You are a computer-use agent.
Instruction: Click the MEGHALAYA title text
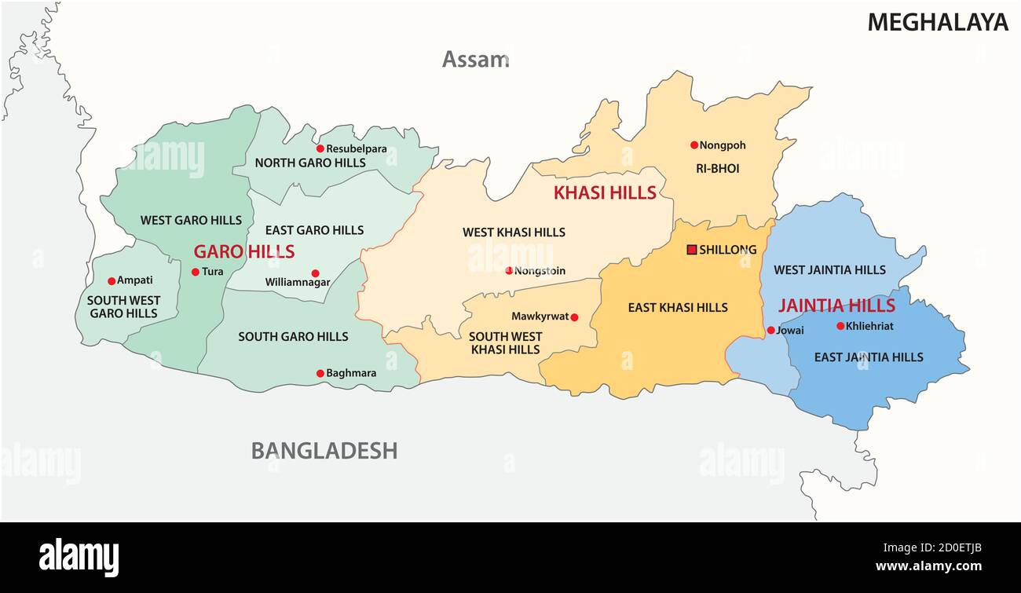click(937, 23)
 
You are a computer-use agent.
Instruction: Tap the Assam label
click(475, 59)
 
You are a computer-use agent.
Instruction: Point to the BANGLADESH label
click(324, 451)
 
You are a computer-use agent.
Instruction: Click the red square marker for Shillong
click(692, 250)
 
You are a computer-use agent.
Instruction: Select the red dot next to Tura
click(196, 272)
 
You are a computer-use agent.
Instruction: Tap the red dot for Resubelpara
click(320, 148)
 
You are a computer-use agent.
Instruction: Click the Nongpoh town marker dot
click(694, 145)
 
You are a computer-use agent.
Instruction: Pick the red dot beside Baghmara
click(320, 373)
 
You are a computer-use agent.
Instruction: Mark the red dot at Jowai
click(770, 331)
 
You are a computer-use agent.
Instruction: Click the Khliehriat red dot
click(840, 326)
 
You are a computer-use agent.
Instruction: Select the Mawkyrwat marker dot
click(574, 317)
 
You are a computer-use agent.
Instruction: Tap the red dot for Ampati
click(112, 280)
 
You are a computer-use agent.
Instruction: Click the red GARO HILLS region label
click(244, 252)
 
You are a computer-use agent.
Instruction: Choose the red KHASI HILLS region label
click(605, 192)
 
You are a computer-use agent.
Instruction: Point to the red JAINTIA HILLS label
click(836, 306)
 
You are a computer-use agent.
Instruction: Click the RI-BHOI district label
click(717, 168)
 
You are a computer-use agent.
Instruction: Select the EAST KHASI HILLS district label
click(678, 307)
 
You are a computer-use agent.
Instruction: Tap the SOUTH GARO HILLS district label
click(293, 336)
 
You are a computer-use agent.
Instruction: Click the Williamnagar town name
click(298, 282)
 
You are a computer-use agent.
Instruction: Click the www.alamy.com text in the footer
click(928, 566)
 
